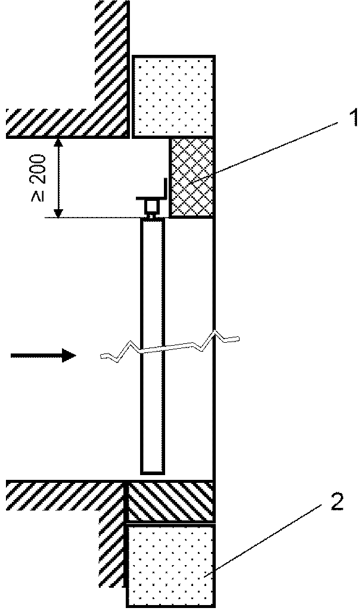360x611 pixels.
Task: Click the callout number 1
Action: (x=353, y=119)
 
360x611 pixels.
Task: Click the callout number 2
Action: (x=336, y=502)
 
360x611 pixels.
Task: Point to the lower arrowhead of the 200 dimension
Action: (x=58, y=213)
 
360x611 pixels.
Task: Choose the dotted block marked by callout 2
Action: (x=170, y=565)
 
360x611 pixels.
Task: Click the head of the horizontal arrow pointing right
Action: (x=69, y=355)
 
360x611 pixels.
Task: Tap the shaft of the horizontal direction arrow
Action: (x=36, y=355)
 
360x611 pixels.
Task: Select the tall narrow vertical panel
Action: (x=153, y=346)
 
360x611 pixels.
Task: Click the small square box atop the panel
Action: (x=153, y=205)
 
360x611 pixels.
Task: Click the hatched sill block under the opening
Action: (x=170, y=501)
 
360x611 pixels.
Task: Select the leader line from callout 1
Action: (x=260, y=151)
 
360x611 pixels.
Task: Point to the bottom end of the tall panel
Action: (x=153, y=473)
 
